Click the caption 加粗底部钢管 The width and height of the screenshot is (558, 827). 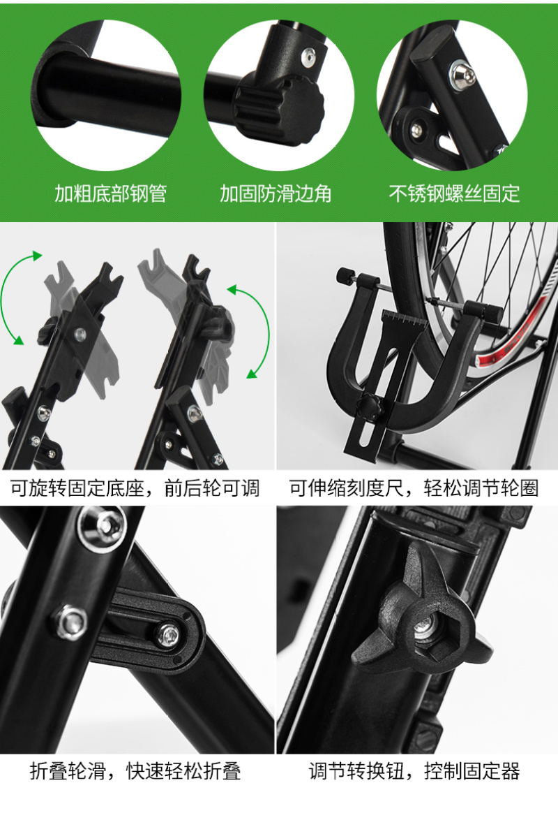coord(111,193)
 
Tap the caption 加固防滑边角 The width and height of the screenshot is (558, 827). coord(276,193)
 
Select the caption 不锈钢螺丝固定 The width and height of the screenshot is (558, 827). coord(454,193)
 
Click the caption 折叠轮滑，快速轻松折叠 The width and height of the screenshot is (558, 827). coord(135,771)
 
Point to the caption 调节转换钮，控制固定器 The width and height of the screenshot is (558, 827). coord(414,771)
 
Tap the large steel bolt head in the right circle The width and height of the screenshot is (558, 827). coord(462,76)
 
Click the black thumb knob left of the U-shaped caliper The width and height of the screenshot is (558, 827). coord(345,276)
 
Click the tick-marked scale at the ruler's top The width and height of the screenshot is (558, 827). coord(404,319)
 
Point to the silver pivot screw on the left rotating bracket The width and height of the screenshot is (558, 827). coord(80,333)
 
